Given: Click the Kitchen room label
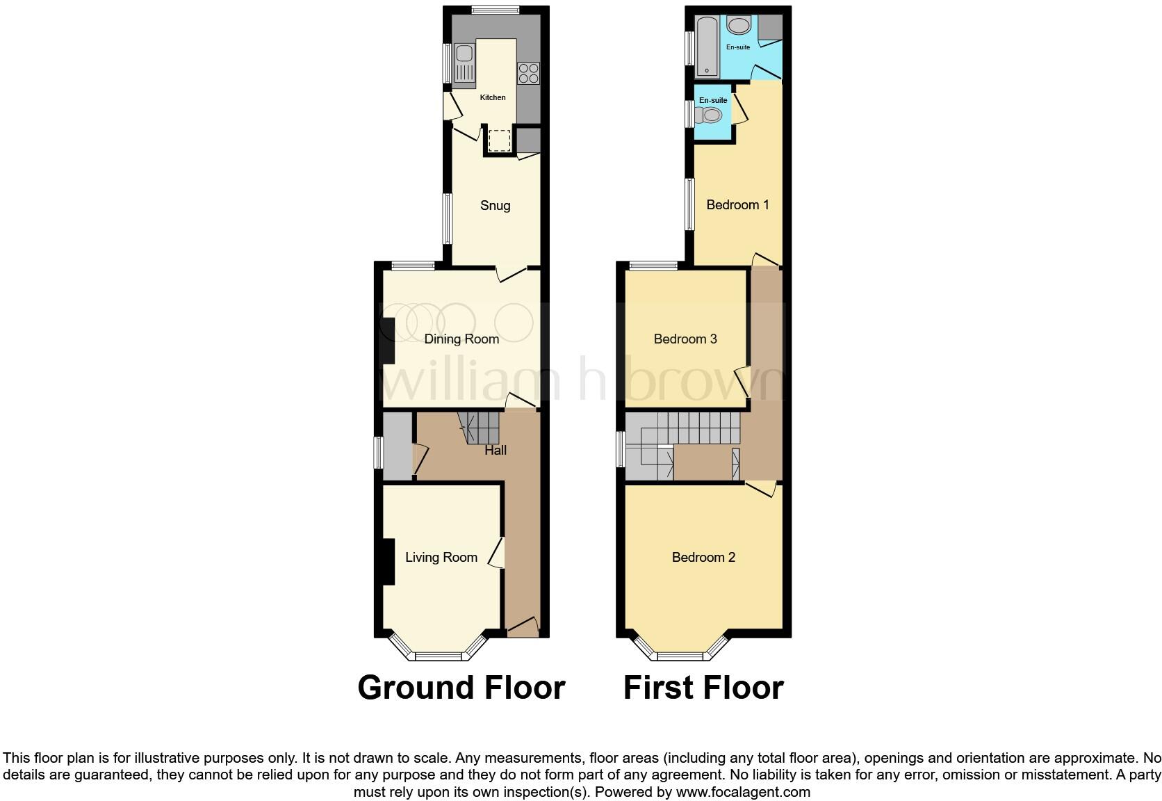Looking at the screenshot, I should (493, 97).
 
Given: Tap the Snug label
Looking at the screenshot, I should (496, 205).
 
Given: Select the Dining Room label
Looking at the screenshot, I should (461, 339).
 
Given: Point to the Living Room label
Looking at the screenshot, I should (441, 557).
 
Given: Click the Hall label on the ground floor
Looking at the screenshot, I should (496, 450).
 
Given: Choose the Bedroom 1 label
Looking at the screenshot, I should (737, 204).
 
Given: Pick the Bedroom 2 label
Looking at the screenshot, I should (703, 557).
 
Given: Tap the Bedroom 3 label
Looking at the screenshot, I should (685, 339).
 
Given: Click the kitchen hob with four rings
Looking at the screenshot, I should (528, 73).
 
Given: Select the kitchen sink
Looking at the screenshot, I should (464, 62).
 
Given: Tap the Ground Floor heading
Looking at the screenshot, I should (461, 687).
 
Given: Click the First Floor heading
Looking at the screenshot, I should (703, 687).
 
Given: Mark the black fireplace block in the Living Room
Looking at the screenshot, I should (387, 561).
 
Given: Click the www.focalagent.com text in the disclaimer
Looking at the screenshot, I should (743, 791).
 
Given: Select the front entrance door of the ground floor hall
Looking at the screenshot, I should (523, 627).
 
